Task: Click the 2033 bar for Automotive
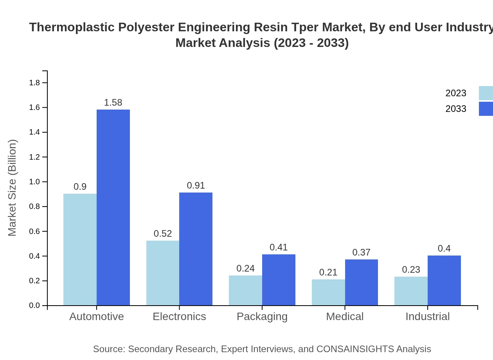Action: (113, 207)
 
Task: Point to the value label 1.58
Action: (113, 103)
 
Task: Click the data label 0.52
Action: (163, 234)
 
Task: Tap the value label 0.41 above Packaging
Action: (279, 247)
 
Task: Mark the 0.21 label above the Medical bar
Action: (328, 272)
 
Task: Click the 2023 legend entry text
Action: (456, 93)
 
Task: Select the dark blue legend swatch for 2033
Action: (486, 109)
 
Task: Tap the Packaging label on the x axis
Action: (262, 316)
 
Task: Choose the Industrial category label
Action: (428, 316)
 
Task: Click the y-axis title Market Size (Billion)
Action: (13, 188)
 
